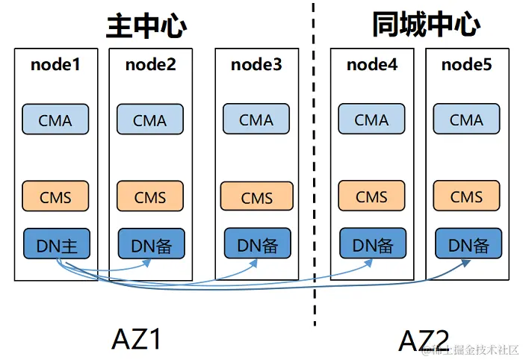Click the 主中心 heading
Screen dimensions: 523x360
click(146, 26)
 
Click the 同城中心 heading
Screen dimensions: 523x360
click(427, 24)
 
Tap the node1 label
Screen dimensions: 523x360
click(55, 65)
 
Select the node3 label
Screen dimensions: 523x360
click(256, 65)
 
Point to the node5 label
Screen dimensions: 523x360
click(467, 65)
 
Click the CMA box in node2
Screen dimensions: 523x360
click(150, 120)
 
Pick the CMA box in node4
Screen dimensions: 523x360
click(371, 119)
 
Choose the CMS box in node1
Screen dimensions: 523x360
click(55, 196)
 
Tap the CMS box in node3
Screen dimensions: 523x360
click(257, 196)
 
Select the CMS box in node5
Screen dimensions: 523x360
click(467, 196)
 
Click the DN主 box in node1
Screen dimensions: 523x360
click(57, 243)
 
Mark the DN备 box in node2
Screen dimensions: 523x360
click(152, 243)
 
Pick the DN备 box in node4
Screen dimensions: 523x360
click(373, 243)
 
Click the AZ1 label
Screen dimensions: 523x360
click(136, 339)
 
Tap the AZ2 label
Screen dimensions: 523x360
click(424, 341)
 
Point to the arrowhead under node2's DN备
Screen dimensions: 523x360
click(146, 264)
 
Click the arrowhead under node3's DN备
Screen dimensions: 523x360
click(253, 264)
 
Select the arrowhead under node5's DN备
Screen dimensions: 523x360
click(466, 264)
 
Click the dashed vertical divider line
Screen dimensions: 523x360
click(314, 164)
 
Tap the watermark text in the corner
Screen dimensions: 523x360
click(470, 350)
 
